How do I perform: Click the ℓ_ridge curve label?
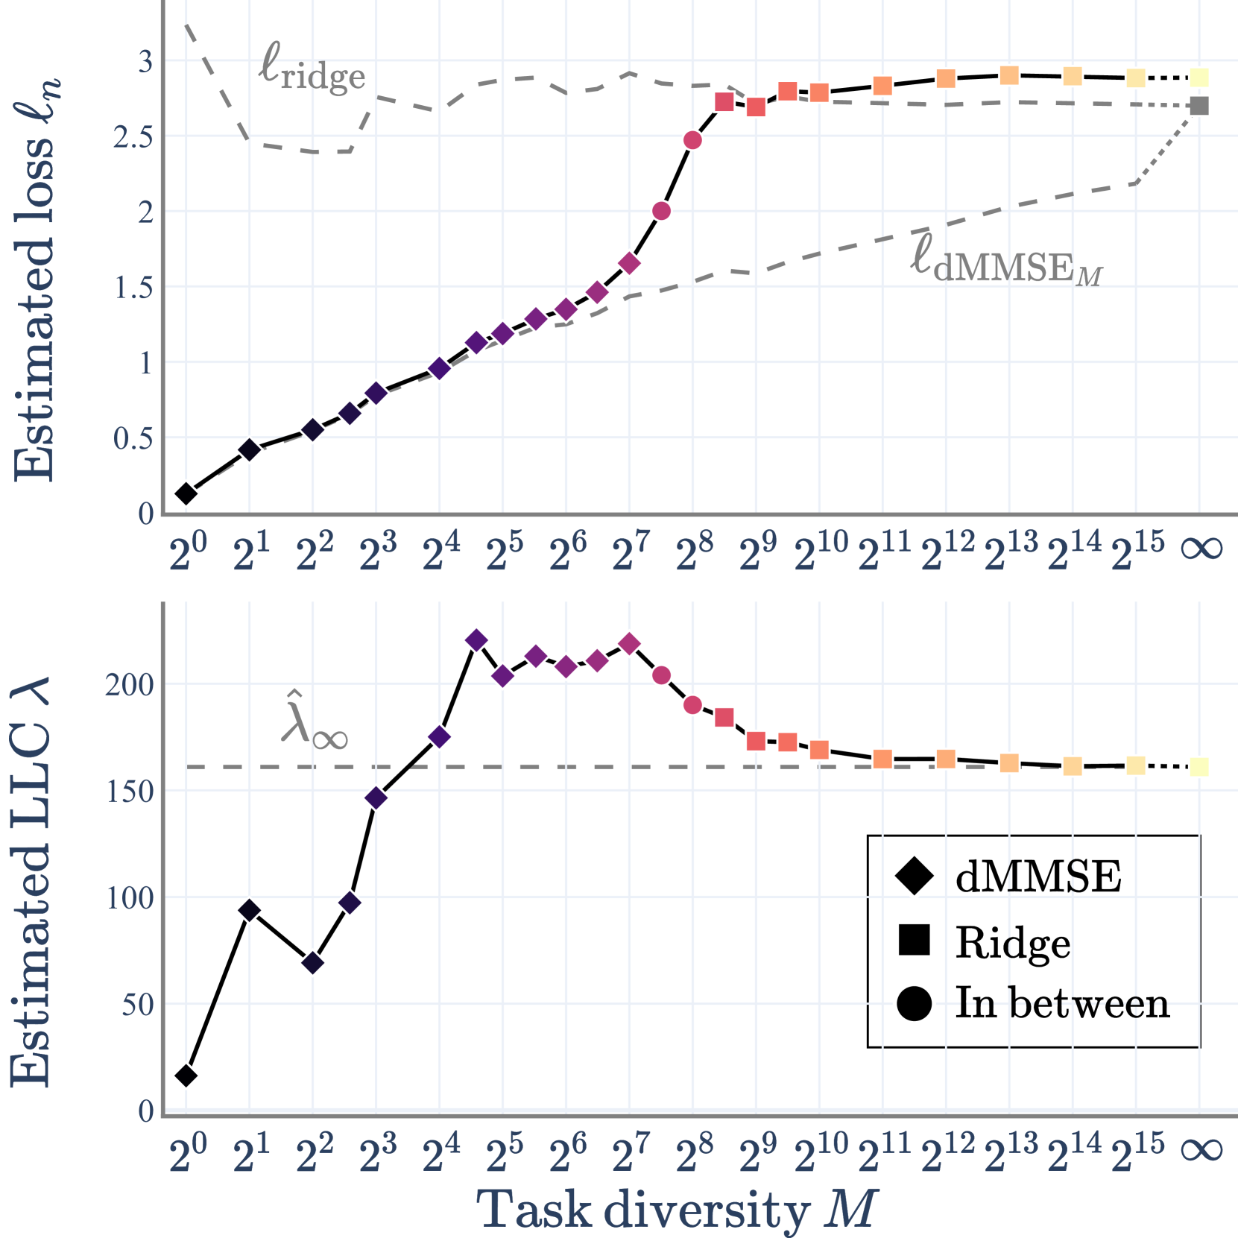[312, 69]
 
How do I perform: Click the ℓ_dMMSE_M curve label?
[1005, 261]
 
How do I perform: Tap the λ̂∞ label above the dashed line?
[314, 720]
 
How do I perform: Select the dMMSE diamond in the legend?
[915, 875]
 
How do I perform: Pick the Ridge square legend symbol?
[915, 940]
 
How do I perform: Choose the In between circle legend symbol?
[915, 1002]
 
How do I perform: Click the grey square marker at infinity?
[1198, 106]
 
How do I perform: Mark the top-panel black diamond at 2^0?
[186, 493]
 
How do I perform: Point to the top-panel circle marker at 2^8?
[692, 140]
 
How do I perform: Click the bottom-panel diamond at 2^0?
[186, 1075]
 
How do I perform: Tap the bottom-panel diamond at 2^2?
[313, 963]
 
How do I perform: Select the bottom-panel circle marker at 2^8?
[692, 704]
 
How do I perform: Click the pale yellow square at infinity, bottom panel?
[1198, 766]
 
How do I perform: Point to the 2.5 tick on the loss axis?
[133, 137]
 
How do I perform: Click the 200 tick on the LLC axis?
[129, 684]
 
